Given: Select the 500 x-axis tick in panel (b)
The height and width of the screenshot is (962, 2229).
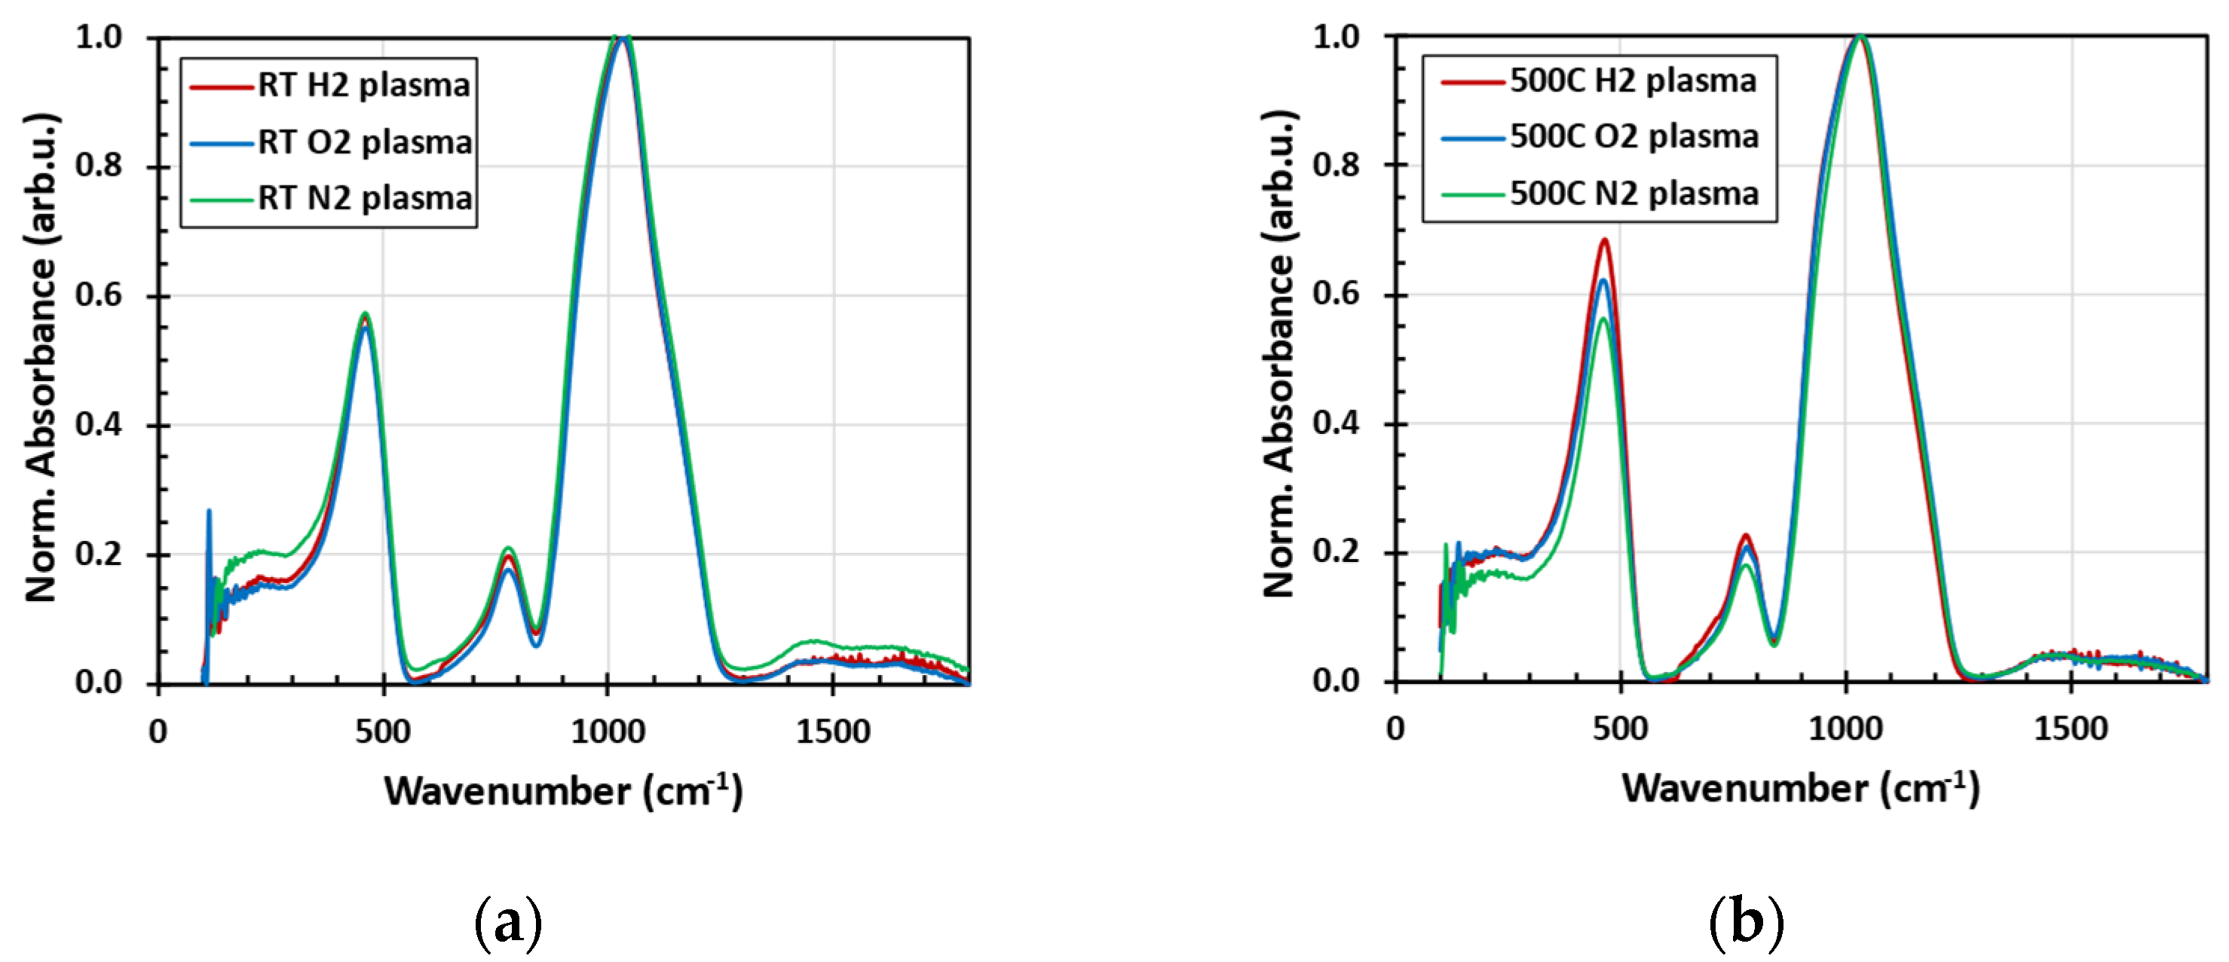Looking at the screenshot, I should pyautogui.click(x=1620, y=729).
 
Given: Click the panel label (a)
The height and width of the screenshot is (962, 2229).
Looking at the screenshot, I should pyautogui.click(x=509, y=924).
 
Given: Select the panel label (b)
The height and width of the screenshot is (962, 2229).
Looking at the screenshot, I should pyautogui.click(x=1746, y=923).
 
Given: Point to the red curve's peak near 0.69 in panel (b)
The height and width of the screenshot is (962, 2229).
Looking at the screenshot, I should pyautogui.click(x=1603, y=240).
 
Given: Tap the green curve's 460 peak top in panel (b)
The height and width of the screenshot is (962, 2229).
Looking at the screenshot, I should pyautogui.click(x=1603, y=319).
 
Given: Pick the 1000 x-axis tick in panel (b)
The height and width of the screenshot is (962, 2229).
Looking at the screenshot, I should pyautogui.click(x=1845, y=729).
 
